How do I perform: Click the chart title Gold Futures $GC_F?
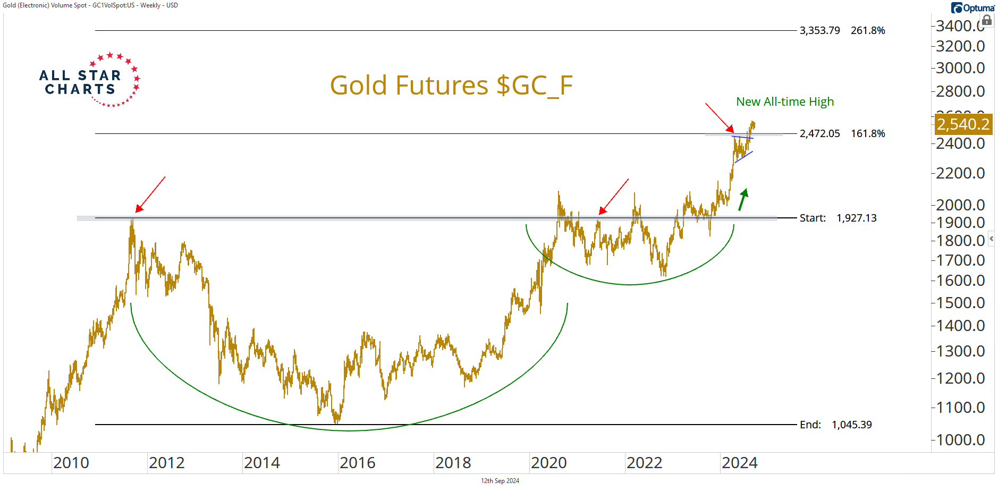click(x=451, y=85)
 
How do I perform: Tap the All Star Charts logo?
click(x=89, y=81)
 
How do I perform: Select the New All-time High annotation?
click(x=784, y=101)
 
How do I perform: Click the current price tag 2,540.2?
click(x=962, y=124)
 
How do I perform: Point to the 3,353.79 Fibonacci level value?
click(x=819, y=30)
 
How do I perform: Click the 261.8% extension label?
click(x=867, y=30)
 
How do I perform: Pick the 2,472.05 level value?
click(x=819, y=133)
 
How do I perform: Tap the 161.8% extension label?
click(x=867, y=133)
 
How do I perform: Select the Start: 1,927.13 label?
click(x=838, y=218)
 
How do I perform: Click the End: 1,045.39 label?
click(x=835, y=425)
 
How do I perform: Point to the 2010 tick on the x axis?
click(x=71, y=463)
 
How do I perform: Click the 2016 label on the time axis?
click(x=358, y=463)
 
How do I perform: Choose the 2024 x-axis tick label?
click(x=739, y=463)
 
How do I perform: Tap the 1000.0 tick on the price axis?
click(x=960, y=440)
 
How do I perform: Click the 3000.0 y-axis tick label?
click(x=960, y=68)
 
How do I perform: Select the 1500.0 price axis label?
click(x=960, y=303)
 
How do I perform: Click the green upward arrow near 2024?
click(x=743, y=200)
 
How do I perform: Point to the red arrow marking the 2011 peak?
click(x=150, y=194)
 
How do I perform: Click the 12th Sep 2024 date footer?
click(x=500, y=481)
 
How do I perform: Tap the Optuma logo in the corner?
click(x=972, y=8)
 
